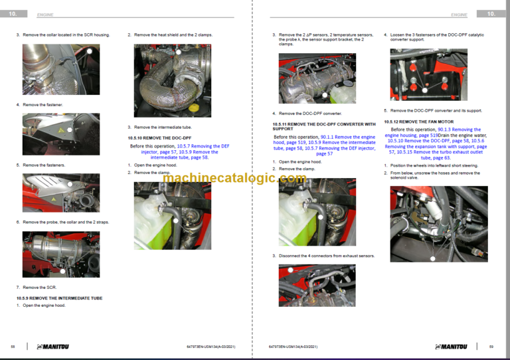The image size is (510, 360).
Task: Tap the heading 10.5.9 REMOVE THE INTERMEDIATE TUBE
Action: pyautogui.click(x=59, y=298)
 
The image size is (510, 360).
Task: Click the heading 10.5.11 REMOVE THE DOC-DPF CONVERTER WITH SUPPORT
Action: pyautogui.click(x=323, y=126)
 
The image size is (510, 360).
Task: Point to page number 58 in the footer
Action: pyautogui.click(x=13, y=346)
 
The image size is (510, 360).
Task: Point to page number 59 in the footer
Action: pyautogui.click(x=491, y=346)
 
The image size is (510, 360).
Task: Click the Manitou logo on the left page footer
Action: pyautogui.click(x=52, y=346)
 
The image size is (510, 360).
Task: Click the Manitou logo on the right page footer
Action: pyautogui.click(x=451, y=346)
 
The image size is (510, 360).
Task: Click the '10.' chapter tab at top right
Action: pyautogui.click(x=491, y=13)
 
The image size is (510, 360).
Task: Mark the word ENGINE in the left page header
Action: pyautogui.click(x=45, y=14)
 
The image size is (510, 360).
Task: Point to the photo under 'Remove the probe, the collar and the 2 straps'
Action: pyautogui.click(x=60, y=254)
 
